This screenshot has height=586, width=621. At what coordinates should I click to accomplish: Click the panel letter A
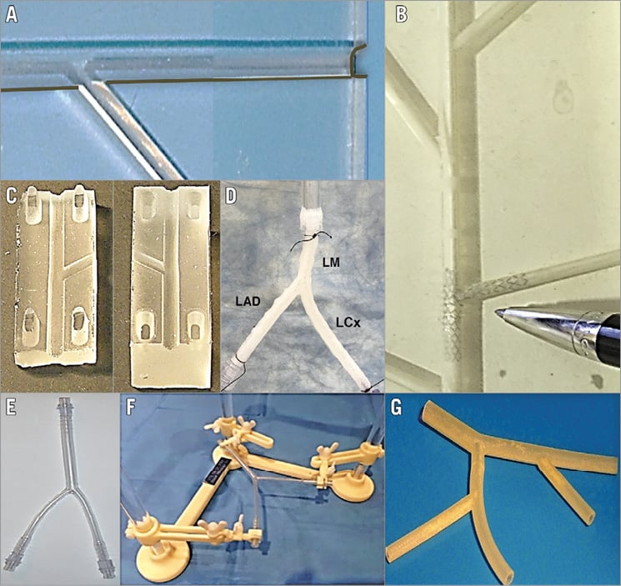tap(12, 15)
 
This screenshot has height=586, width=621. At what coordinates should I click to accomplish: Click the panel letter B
tap(401, 15)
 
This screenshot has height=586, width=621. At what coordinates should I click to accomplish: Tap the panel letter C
tap(12, 197)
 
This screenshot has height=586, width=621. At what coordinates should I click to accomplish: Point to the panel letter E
tap(10, 408)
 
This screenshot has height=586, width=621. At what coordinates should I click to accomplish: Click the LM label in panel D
tap(331, 262)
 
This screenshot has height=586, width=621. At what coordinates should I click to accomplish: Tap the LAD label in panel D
tap(248, 301)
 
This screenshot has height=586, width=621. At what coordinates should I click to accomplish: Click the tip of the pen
tap(497, 312)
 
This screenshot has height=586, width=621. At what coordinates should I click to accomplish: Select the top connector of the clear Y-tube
tap(63, 407)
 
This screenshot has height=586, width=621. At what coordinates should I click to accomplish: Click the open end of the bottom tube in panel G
tap(509, 575)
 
